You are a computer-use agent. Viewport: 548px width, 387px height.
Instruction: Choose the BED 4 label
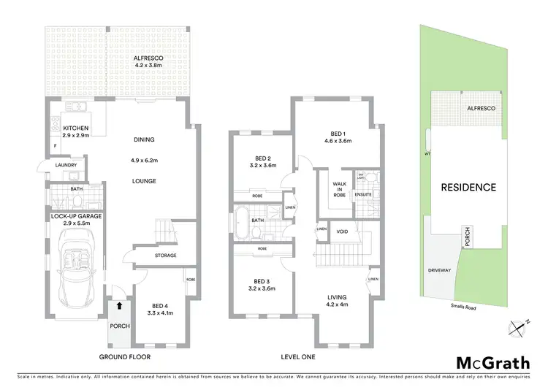coord(161,309)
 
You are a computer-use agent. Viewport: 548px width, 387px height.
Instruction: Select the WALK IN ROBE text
coord(339,188)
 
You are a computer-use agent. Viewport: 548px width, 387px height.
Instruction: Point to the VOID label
coord(342,231)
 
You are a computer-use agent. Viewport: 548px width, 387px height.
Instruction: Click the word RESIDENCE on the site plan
coord(468,188)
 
